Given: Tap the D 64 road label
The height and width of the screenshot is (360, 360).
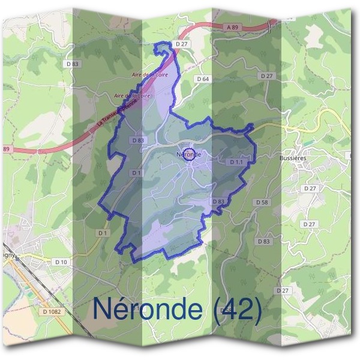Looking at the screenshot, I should (203, 79).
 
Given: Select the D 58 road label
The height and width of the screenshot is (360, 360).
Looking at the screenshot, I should (262, 203).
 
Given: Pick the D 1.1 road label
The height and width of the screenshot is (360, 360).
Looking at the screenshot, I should (236, 162).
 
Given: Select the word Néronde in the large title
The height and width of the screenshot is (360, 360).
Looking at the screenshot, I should (148, 308).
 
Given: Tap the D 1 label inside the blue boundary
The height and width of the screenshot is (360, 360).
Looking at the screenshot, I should (136, 173).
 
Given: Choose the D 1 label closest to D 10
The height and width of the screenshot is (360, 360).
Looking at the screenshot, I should (102, 232).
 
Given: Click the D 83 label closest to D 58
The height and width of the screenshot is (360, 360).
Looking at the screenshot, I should (263, 241).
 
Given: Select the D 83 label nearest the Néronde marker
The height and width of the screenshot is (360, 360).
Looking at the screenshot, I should (137, 140).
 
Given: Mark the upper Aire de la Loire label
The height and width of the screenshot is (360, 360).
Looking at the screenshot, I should (149, 74).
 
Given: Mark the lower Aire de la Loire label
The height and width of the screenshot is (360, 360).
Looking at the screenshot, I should (132, 95).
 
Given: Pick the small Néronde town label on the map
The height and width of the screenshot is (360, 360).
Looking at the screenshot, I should (188, 154).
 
